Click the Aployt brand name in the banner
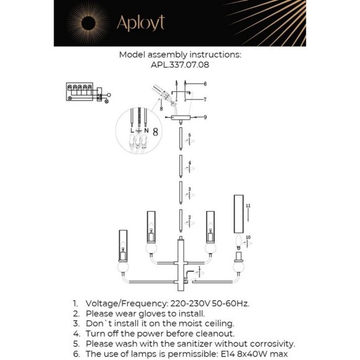pos(141,23)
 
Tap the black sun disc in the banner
pos(88,23)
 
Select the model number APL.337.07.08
pos(180,65)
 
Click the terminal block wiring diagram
pos(88,92)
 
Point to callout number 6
pos(205,84)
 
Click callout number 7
pos(205,99)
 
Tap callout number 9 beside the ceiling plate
pos(205,117)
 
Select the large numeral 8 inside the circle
pos(155,132)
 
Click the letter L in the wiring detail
pos(132,130)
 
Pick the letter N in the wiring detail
pos(146,130)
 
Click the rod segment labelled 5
pos(181,139)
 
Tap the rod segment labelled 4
pos(181,166)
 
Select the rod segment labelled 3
pos(181,193)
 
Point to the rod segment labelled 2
pos(181,220)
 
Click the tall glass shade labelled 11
pos(238,214)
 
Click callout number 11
pos(248,205)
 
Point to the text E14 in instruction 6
pos(228,354)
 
